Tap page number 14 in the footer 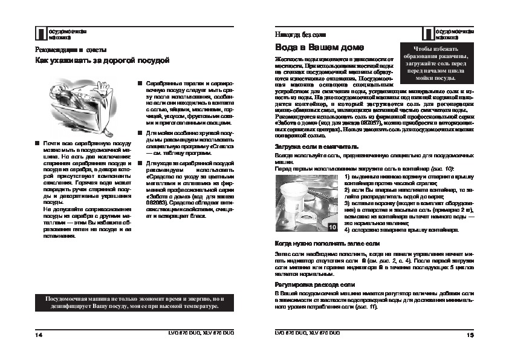(39, 333)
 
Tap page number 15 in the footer (470, 333)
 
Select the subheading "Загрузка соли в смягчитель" (317, 146)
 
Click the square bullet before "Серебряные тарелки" (140, 82)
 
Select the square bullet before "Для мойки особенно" (140, 132)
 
